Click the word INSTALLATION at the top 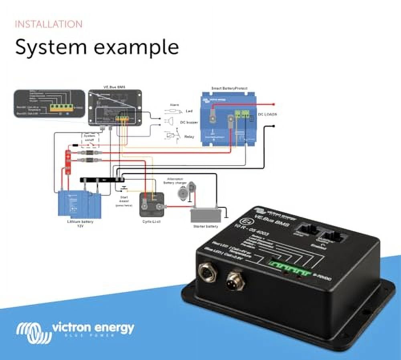[x=49, y=24]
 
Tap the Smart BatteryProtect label [x=229, y=88]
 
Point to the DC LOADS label [x=267, y=115]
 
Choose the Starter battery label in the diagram [x=206, y=227]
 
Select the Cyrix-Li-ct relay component [x=152, y=205]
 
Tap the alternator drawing [x=184, y=190]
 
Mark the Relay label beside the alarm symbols [x=189, y=137]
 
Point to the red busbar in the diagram [x=68, y=162]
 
